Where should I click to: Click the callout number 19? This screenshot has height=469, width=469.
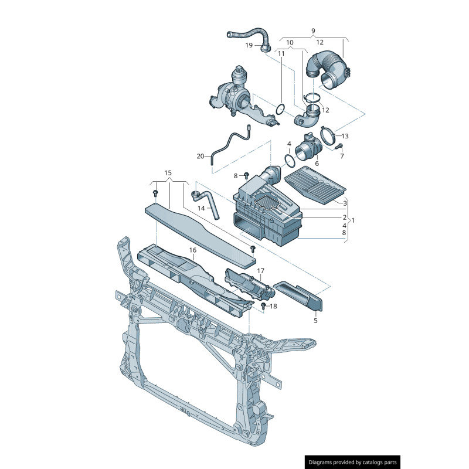(249, 45)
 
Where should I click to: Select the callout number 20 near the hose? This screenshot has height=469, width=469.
(200, 157)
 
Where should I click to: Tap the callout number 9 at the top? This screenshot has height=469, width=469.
(313, 30)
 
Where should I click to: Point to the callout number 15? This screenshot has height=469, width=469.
(168, 173)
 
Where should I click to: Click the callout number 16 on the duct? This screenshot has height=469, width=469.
(192, 250)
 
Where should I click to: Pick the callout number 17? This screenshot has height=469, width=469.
(260, 271)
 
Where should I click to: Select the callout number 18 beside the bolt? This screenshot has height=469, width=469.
(273, 306)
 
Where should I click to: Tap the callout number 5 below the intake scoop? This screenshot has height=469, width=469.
(315, 321)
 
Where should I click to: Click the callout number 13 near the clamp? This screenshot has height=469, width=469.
(345, 136)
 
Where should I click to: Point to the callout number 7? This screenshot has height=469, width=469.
(342, 156)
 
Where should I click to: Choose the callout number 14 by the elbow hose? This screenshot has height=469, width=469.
(200, 208)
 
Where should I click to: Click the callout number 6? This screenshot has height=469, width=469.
(317, 164)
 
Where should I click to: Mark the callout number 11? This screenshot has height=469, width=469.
(281, 53)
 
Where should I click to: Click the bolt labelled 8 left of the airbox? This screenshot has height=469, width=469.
(247, 175)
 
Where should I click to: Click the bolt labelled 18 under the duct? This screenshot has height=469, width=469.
(263, 306)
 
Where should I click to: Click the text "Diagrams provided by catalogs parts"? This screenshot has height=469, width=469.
(352, 463)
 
